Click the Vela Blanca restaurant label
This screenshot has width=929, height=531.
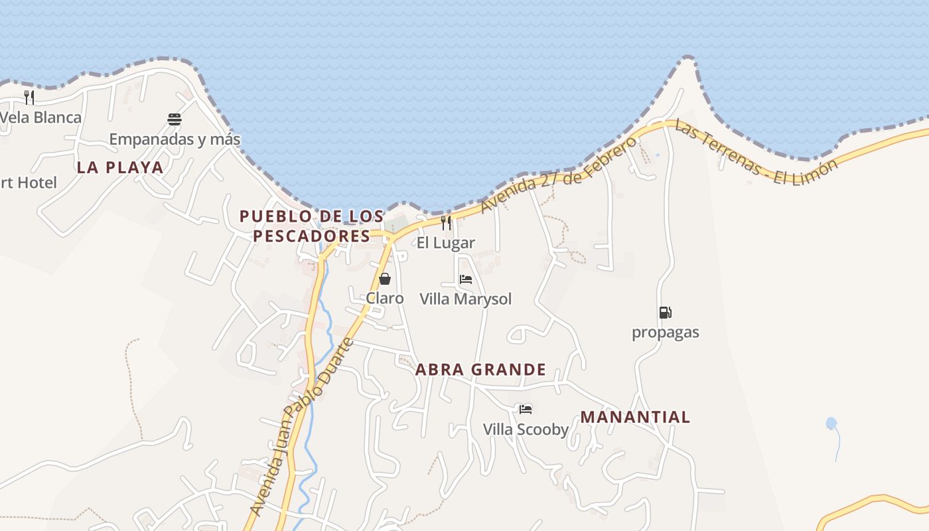(x=41, y=117)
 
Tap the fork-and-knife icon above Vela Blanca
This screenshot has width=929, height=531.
(x=29, y=98)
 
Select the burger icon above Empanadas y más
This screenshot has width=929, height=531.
(x=175, y=119)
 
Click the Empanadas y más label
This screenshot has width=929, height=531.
(x=175, y=139)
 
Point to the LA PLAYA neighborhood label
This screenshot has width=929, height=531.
(x=120, y=167)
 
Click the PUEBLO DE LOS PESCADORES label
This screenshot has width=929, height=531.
(x=312, y=226)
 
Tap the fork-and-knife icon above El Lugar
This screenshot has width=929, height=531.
(x=446, y=223)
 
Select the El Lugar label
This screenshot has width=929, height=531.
(x=446, y=243)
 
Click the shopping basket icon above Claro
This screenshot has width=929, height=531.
(x=385, y=279)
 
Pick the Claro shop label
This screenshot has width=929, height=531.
(x=385, y=299)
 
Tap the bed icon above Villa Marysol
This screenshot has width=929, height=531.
(x=466, y=279)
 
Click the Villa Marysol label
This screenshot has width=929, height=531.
(x=466, y=299)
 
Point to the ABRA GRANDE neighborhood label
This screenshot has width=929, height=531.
(x=481, y=370)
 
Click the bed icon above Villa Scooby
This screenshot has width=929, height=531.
(x=526, y=410)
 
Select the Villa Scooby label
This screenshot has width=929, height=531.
(x=526, y=429)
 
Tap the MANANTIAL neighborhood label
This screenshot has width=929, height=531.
(x=635, y=417)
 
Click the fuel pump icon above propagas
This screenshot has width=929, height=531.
(x=665, y=312)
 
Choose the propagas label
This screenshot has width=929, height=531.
(x=665, y=332)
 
